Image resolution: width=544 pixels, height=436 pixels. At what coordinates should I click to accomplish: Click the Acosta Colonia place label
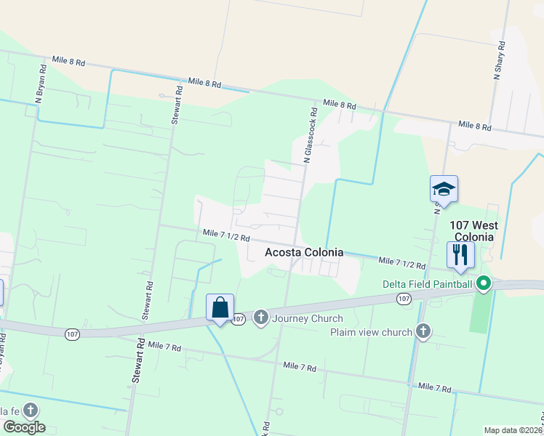click(303, 252)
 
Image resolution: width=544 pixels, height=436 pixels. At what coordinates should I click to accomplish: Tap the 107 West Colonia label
click(473, 231)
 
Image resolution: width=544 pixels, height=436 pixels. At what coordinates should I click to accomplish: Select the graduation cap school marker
click(444, 190)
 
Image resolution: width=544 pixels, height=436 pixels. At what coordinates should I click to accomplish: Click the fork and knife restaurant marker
click(460, 254)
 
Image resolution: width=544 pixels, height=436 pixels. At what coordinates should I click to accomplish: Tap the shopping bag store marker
click(220, 307)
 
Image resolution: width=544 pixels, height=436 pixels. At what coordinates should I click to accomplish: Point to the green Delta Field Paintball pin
click(484, 284)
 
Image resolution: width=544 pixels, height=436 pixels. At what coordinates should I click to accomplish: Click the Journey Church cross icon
click(261, 318)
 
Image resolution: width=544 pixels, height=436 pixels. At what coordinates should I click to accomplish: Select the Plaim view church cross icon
click(424, 332)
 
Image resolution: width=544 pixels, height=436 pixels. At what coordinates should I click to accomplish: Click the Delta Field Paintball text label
click(428, 284)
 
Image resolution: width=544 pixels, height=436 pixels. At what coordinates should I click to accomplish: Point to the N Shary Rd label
click(500, 57)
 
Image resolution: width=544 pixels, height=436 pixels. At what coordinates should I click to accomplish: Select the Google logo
click(24, 427)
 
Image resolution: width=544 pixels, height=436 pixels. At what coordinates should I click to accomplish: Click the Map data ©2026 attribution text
click(513, 430)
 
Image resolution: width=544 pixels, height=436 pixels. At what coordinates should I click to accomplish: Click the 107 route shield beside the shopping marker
click(239, 318)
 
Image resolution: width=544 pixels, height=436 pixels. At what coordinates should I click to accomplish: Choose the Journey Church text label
click(307, 318)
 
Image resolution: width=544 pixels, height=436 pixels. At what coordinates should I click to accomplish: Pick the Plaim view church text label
click(372, 332)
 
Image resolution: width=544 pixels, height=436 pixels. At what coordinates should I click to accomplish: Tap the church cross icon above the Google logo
click(30, 411)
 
